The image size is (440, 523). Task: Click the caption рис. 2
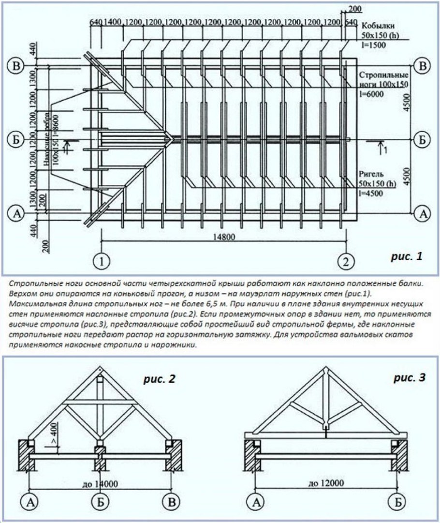[x=159, y=379]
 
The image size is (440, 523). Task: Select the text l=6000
[x=371, y=94]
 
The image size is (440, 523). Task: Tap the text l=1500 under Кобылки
[x=371, y=45]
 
